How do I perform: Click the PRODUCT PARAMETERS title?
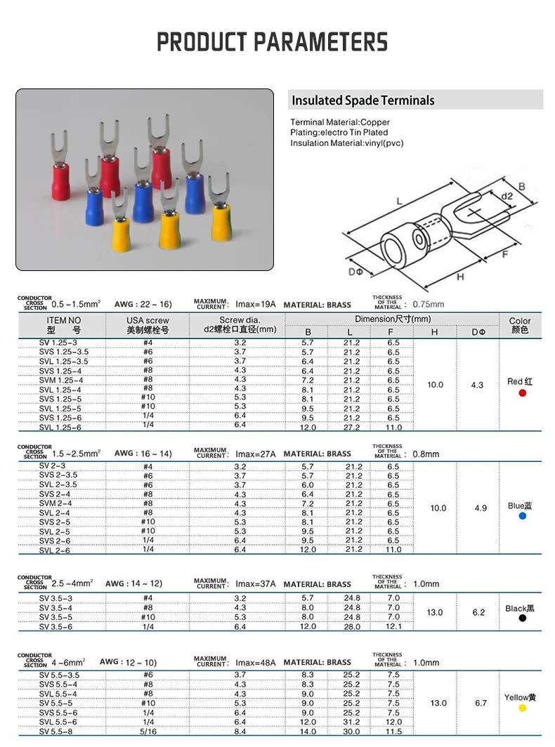[272, 41]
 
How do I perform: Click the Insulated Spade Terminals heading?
[363, 100]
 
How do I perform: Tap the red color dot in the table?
[522, 393]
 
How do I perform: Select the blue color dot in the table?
[522, 516]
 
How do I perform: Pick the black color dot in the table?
[522, 619]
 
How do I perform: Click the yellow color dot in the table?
[522, 708]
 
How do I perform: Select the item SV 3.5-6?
[55, 626]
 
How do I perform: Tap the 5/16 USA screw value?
[148, 732]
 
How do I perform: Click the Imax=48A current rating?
[256, 662]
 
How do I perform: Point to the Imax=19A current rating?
[256, 305]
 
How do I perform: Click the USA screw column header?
[148, 324]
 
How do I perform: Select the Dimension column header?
[393, 319]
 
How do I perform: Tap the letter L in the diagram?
[399, 201]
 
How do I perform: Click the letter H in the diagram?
[460, 277]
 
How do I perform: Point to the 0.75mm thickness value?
[429, 305]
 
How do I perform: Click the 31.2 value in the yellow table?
[352, 722]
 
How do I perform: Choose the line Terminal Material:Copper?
[339, 122]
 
